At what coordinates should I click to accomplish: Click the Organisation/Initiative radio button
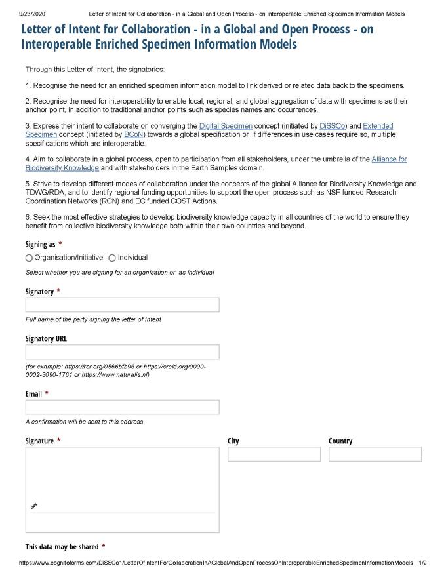29,258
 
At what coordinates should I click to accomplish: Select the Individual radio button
112,258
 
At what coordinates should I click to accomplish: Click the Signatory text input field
122,305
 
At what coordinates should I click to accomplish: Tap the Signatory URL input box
122,352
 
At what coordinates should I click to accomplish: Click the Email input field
122,407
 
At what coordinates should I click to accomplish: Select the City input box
274,454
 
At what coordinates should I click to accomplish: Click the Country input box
375,454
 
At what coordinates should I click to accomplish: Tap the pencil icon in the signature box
34,506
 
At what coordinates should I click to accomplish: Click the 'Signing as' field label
41,244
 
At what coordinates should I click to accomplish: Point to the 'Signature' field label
39,441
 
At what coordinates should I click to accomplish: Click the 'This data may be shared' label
62,547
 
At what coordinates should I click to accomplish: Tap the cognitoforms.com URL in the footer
216,563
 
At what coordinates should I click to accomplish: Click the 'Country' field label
340,441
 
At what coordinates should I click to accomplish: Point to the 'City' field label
233,441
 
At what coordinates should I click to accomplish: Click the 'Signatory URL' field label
46,339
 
